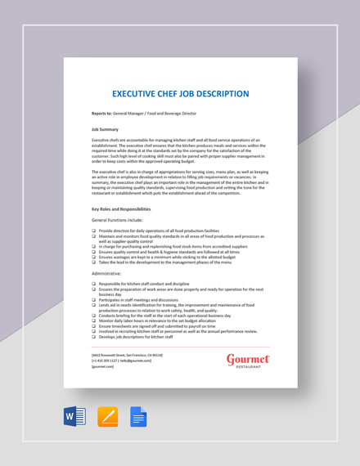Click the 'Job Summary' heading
(x=105, y=129)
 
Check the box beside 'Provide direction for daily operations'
(x=94, y=231)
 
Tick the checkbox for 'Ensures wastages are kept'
(x=94, y=257)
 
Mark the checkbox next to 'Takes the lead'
(x=94, y=262)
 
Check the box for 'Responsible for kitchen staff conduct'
(x=94, y=283)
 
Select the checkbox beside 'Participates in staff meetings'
(x=94, y=300)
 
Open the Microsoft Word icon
(x=74, y=418)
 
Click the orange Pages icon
(x=107, y=418)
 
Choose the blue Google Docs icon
(x=138, y=418)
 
